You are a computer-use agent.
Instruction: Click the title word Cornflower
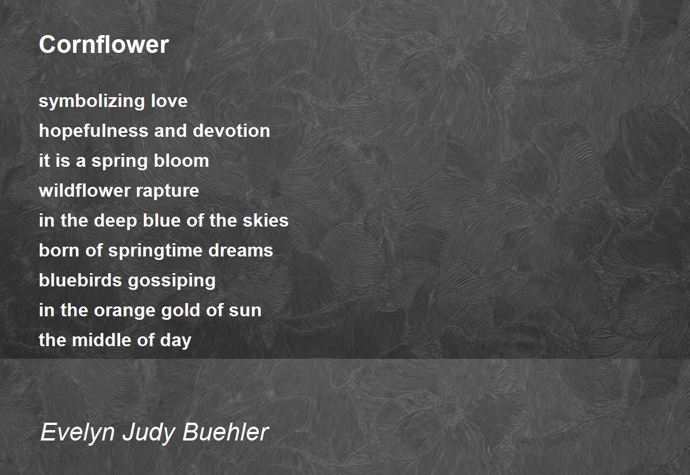[x=103, y=44]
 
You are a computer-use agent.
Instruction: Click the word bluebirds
[x=80, y=280]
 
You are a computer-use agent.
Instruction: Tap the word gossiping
[x=172, y=281]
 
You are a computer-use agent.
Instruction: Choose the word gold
[x=177, y=310]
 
